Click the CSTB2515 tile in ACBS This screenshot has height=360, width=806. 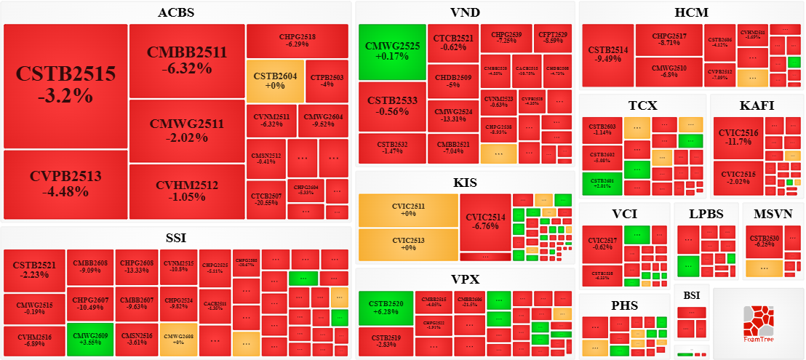pyautogui.click(x=65, y=86)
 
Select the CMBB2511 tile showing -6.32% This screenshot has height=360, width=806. pyautogui.click(x=186, y=61)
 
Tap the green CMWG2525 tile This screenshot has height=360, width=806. pyautogui.click(x=392, y=52)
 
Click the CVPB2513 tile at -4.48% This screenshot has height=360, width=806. pyautogui.click(x=65, y=184)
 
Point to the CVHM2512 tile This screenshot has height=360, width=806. pyautogui.click(x=186, y=191)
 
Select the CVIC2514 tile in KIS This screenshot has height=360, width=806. pyautogui.click(x=485, y=222)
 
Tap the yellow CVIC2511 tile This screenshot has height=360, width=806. pyautogui.click(x=408, y=210)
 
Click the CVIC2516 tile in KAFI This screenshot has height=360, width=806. pyautogui.click(x=738, y=137)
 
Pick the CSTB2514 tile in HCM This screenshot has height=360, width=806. pyautogui.click(x=607, y=55)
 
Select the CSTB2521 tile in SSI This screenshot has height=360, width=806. pyautogui.click(x=34, y=271)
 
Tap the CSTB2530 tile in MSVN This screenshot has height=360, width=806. pyautogui.click(x=764, y=241)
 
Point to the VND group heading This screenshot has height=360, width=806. pyautogui.click(x=465, y=12)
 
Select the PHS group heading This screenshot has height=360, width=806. pyautogui.click(x=625, y=305)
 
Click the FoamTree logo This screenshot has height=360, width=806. pyautogui.click(x=758, y=324)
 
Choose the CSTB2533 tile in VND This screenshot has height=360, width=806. pyautogui.click(x=392, y=106)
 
